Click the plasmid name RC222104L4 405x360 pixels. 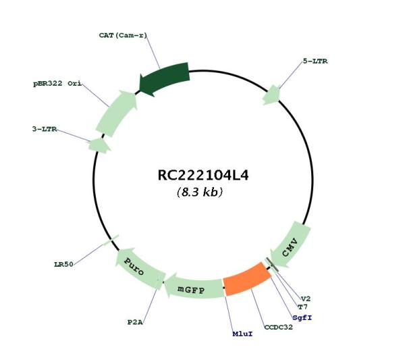coord(203,175)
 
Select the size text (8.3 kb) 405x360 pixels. coord(200,192)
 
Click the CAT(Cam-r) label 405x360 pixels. coord(123,35)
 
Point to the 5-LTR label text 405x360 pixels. coord(315,61)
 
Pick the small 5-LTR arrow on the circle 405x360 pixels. coord(272,95)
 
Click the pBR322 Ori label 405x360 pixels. coord(57,84)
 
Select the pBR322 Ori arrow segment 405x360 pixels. coord(115,113)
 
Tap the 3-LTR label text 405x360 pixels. coord(45,129)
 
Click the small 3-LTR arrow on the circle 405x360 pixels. coord(99,145)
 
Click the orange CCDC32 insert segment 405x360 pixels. coord(247,279)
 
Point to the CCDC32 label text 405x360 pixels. coord(278,327)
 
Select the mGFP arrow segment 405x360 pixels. coord(194,286)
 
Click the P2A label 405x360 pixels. coord(135,322)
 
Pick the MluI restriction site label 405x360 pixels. coord(242,334)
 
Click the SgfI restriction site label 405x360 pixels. coord(302,317)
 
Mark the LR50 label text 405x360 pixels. coord(63,264)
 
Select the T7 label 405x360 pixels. coord(303,307)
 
